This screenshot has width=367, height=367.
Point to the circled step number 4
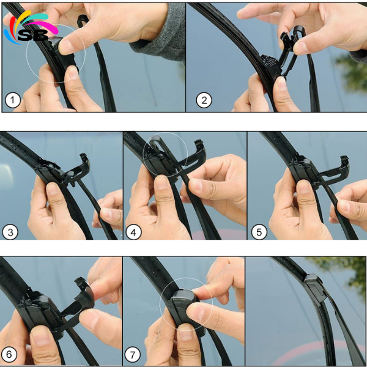pos(134,232)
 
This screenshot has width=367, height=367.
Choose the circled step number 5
pos(258,232)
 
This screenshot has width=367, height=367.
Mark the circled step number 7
pos(134,354)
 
